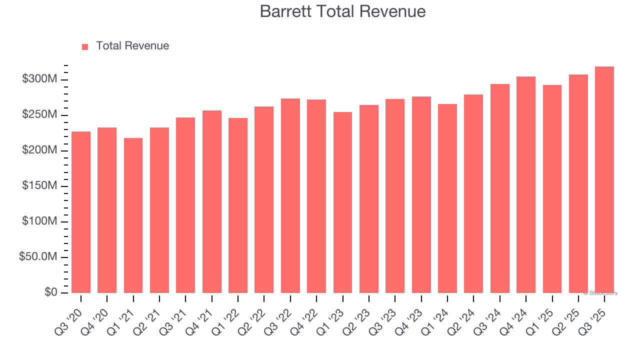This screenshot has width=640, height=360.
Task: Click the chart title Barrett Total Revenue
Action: (x=342, y=11)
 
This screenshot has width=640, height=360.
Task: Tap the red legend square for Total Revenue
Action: (x=85, y=46)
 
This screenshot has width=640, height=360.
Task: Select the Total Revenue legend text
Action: (x=132, y=46)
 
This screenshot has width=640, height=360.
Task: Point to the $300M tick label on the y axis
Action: (x=40, y=79)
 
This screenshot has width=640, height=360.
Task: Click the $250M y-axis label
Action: (x=40, y=115)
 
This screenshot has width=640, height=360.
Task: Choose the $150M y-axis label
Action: (x=40, y=186)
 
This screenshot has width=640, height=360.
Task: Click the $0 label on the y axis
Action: (x=51, y=292)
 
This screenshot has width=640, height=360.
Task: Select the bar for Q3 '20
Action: (x=81, y=212)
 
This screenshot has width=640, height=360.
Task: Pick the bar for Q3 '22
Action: (x=290, y=195)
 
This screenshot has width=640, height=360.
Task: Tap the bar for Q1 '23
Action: (x=342, y=202)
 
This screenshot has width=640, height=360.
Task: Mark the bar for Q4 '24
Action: (x=526, y=184)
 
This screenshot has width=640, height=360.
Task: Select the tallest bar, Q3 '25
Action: (x=604, y=179)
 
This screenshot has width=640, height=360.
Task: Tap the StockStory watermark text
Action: (x=600, y=293)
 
